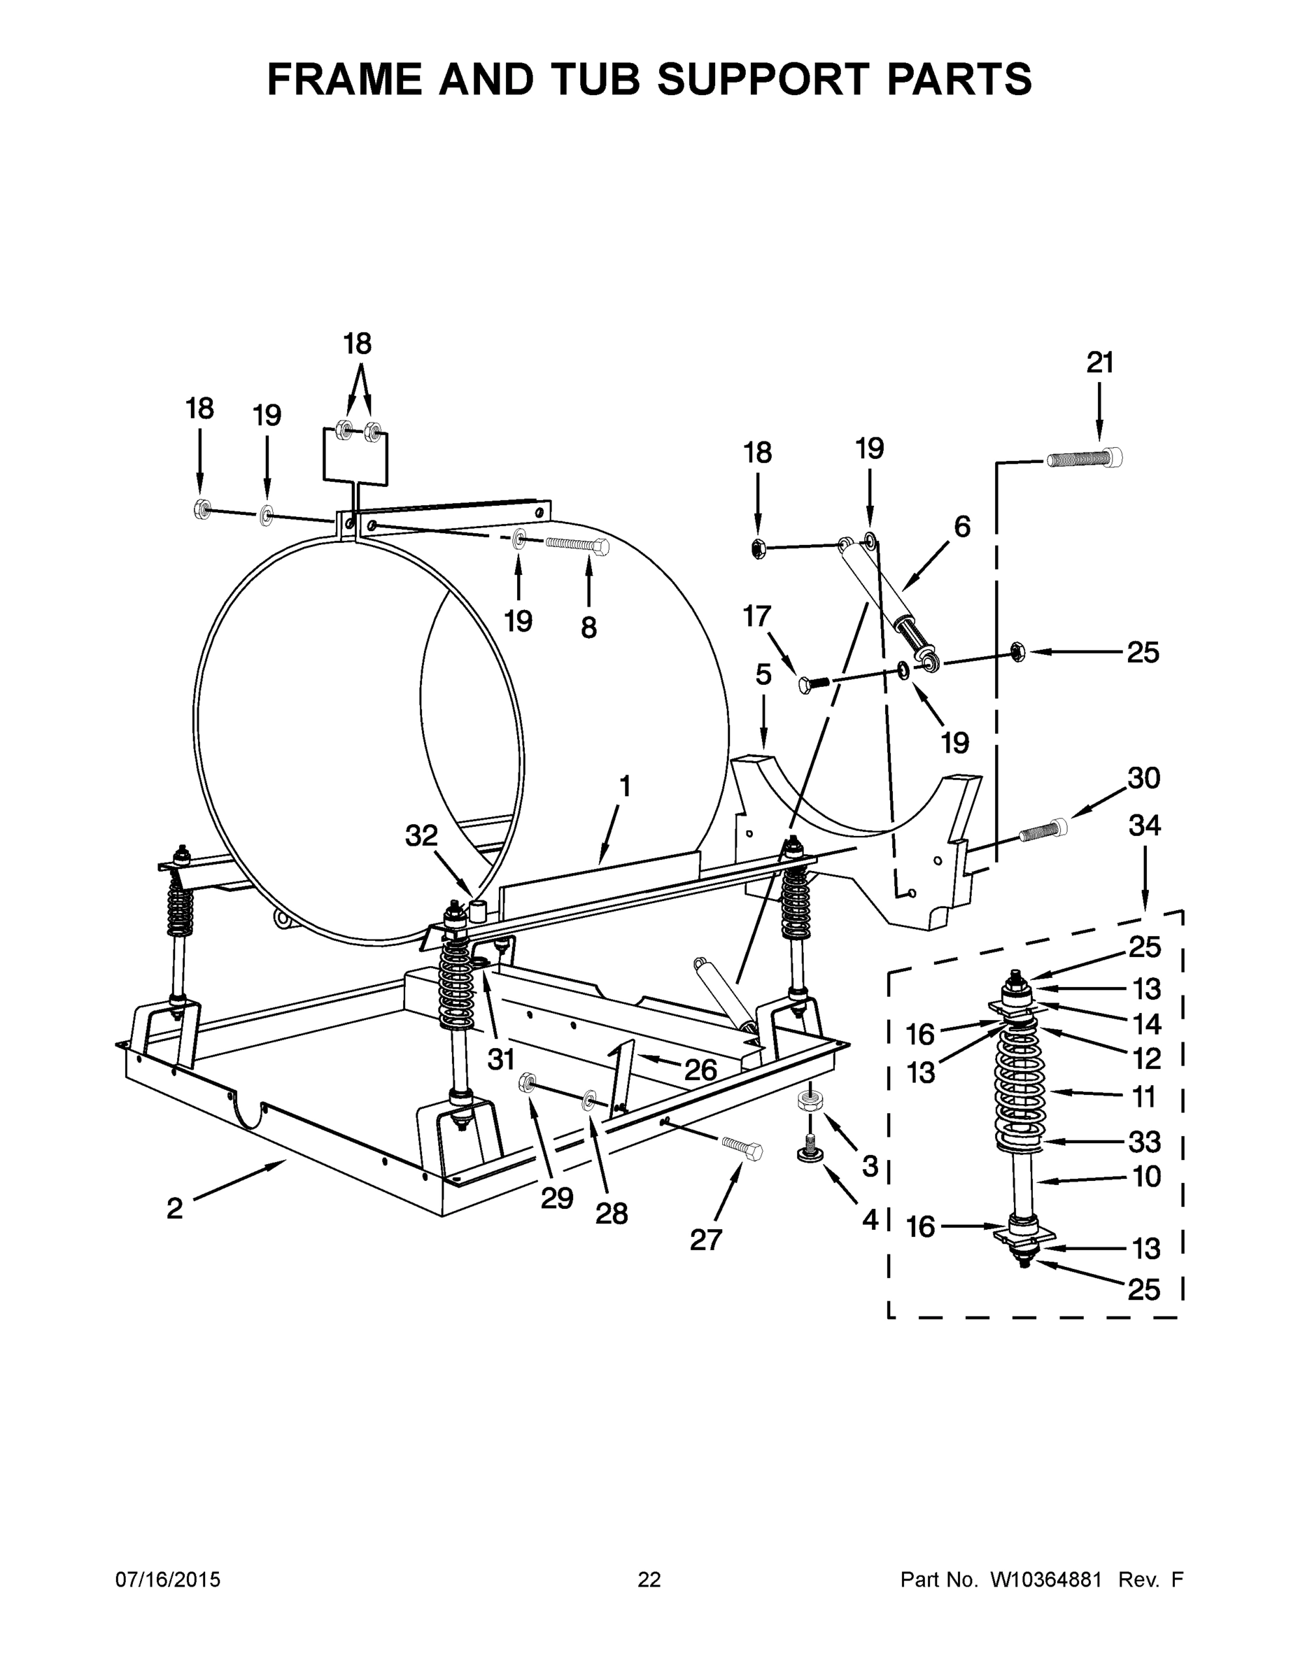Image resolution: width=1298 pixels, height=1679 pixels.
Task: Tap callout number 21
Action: point(1099,363)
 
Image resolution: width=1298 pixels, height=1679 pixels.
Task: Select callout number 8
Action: point(588,628)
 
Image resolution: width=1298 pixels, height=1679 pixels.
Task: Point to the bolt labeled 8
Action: point(577,544)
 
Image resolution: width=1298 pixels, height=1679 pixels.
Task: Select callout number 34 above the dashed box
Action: point(1144,826)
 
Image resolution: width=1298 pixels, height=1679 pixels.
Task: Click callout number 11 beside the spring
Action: point(1144,1097)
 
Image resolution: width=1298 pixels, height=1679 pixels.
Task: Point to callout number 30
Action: point(1143,778)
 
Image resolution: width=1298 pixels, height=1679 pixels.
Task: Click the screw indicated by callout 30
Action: point(1044,831)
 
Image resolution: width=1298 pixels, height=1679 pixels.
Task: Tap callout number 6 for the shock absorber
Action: point(962,527)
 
